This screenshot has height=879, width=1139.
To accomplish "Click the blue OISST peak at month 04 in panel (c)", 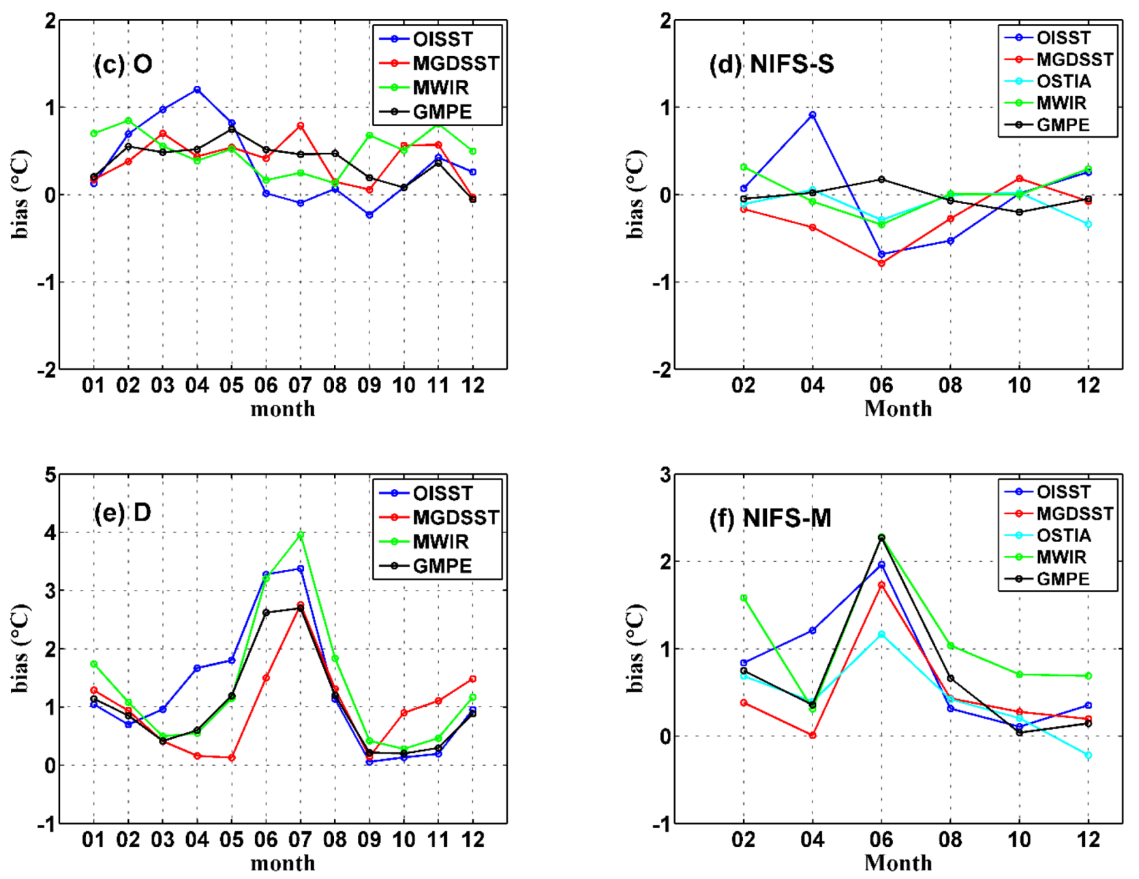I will click(x=197, y=89).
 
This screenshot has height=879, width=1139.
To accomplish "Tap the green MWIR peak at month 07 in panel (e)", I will click(x=301, y=535).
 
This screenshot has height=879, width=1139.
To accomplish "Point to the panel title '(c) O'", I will click(x=123, y=64).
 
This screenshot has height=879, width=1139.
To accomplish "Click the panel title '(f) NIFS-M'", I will click(x=770, y=518).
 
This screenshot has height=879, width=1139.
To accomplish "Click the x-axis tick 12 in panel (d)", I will click(x=1088, y=385).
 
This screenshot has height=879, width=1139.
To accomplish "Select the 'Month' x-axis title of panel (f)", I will click(x=898, y=863).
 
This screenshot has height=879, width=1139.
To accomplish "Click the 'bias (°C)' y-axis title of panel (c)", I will click(x=20, y=194).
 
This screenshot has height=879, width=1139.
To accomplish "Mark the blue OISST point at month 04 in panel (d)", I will click(x=813, y=115).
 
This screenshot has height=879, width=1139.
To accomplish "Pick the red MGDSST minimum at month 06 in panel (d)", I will click(x=881, y=263).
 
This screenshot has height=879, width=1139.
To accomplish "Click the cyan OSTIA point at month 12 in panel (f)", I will click(x=1088, y=755).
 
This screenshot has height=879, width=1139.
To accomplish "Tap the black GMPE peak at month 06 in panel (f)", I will click(x=881, y=538).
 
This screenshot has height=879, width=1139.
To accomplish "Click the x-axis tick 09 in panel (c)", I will click(x=369, y=385).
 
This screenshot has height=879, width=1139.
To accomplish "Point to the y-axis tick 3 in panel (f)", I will click(x=665, y=475).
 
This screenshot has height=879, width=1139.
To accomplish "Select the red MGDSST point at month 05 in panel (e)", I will click(x=232, y=758).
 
